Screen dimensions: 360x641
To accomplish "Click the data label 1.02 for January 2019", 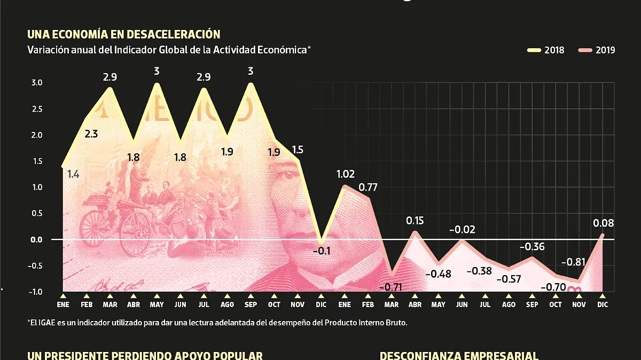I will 345,174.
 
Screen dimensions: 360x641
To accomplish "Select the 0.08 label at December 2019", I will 603,223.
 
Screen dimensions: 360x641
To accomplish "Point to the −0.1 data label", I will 321,250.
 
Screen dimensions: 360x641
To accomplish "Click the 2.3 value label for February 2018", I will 91,134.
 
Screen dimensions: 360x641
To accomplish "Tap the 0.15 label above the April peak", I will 415,220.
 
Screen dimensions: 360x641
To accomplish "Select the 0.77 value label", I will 369,187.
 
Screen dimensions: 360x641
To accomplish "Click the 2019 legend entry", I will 597,50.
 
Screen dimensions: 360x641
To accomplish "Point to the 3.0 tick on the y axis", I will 36,83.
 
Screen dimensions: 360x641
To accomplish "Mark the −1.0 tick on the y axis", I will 35,292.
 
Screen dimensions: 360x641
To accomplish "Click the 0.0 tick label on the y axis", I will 36,240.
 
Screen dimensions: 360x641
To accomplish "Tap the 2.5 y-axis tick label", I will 36,109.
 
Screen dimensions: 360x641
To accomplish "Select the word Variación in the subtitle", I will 45,50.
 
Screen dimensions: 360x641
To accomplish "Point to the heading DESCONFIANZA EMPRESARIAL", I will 458,356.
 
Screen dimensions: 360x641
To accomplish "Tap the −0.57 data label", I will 508,279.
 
